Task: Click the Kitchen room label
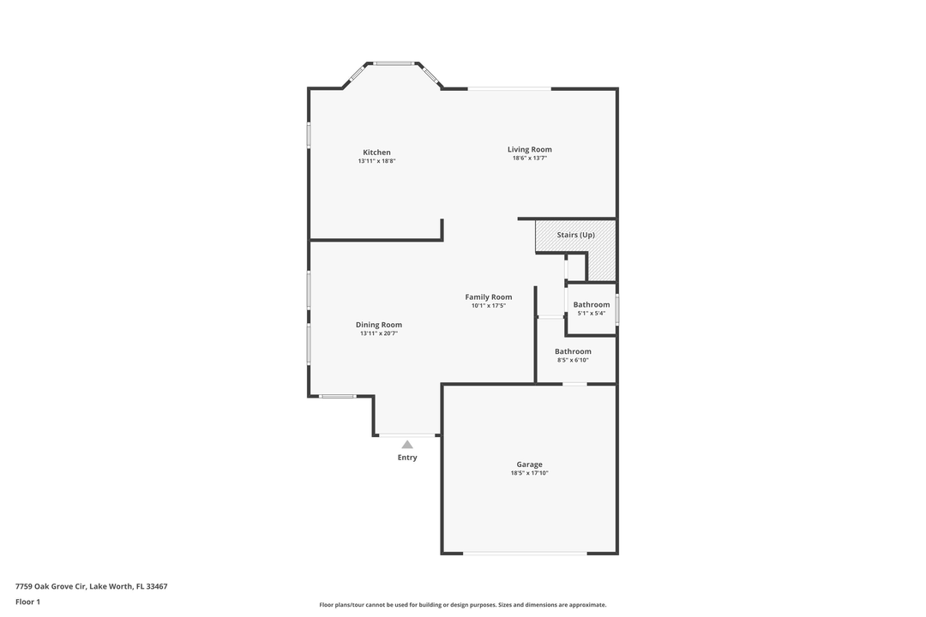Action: [376, 153]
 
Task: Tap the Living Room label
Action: [530, 149]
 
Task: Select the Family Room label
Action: [489, 297]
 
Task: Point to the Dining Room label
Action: [379, 325]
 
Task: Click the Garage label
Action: [529, 464]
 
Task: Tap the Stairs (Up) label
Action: [575, 235]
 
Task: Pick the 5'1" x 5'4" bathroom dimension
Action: [592, 314]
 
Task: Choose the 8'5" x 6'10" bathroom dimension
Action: [573, 360]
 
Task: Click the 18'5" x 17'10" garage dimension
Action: [529, 473]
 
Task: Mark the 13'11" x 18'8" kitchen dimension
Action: [376, 161]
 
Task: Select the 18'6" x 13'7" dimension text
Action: [530, 158]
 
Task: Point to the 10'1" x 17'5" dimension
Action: [489, 306]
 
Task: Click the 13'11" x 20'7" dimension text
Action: [379, 333]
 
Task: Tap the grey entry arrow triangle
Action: [407, 444]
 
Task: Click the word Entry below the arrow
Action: [407, 458]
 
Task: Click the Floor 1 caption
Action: [27, 602]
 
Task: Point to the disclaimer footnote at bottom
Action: [463, 605]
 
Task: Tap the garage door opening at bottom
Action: [525, 554]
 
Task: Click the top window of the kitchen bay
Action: [394, 63]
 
